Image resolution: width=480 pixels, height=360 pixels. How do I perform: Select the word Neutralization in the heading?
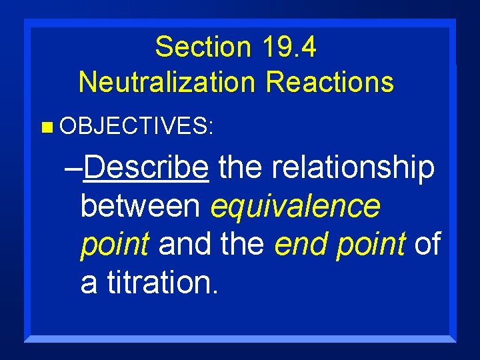(x=167, y=82)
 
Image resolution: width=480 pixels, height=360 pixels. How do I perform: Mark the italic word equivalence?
(x=295, y=207)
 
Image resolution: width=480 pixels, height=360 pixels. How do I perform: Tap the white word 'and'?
(x=183, y=245)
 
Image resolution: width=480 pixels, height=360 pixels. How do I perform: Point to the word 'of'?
(x=427, y=245)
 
